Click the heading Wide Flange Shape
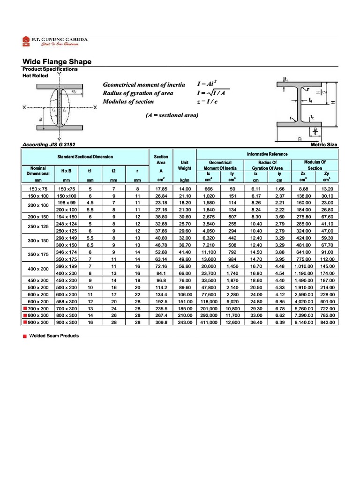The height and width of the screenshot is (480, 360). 57,62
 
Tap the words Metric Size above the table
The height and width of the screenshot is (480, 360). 324,145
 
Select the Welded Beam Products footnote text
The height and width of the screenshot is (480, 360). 54,336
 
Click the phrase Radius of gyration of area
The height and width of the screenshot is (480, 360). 138,93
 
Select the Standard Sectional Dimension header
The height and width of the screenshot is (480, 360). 85,157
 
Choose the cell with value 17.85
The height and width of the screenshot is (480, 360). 161,189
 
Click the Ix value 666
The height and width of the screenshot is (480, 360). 209,189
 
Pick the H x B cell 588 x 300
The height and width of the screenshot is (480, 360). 67,302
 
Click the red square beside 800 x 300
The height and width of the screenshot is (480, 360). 24,316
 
